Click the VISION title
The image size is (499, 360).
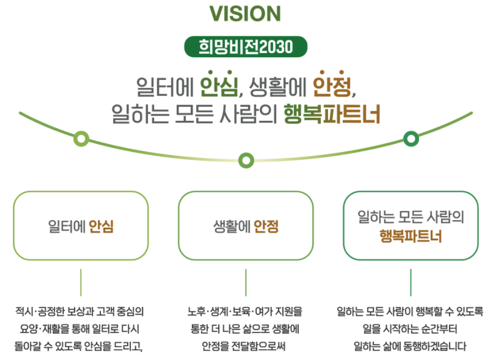pos(245,13)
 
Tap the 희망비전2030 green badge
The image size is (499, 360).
pos(245,47)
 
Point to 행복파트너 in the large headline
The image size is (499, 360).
pos(331,114)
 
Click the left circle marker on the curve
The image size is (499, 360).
pos(81,138)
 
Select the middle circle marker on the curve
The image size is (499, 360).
pos(246,160)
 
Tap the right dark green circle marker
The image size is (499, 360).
pos(411,138)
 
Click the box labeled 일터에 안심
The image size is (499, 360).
pos(80,226)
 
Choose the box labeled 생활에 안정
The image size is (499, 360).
pos(246,226)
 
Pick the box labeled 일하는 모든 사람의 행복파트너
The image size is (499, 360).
pos(411,226)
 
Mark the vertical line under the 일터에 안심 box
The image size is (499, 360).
pos(81,283)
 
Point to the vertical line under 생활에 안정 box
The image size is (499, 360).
pos(246,283)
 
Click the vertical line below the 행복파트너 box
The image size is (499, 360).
pos(411,283)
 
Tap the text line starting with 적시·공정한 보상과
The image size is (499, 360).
pos(80,312)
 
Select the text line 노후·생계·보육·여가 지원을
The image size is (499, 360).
pos(246,312)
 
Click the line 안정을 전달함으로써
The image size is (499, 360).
pos(246,347)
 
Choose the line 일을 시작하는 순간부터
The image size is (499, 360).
pos(411,330)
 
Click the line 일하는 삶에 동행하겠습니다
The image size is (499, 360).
pos(411,347)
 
